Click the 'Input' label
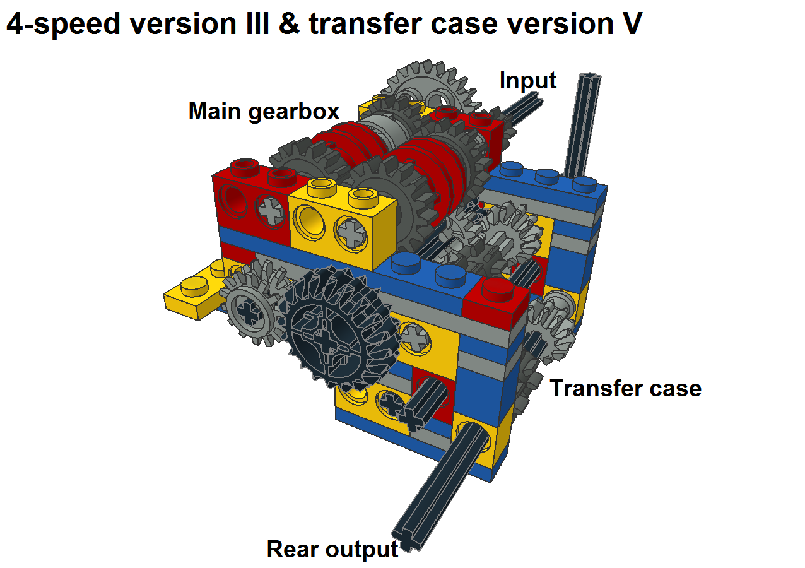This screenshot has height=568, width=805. (x=528, y=81)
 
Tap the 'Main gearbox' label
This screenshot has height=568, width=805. (x=264, y=112)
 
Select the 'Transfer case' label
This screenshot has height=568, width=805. (x=626, y=389)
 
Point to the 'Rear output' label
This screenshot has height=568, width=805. (x=332, y=549)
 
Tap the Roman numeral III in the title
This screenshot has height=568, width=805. (x=257, y=24)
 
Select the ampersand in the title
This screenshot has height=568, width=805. (x=289, y=24)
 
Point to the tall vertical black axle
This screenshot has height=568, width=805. (x=582, y=125)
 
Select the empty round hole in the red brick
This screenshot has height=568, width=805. (x=233, y=201)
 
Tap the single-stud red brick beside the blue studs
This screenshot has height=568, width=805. (x=496, y=301)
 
